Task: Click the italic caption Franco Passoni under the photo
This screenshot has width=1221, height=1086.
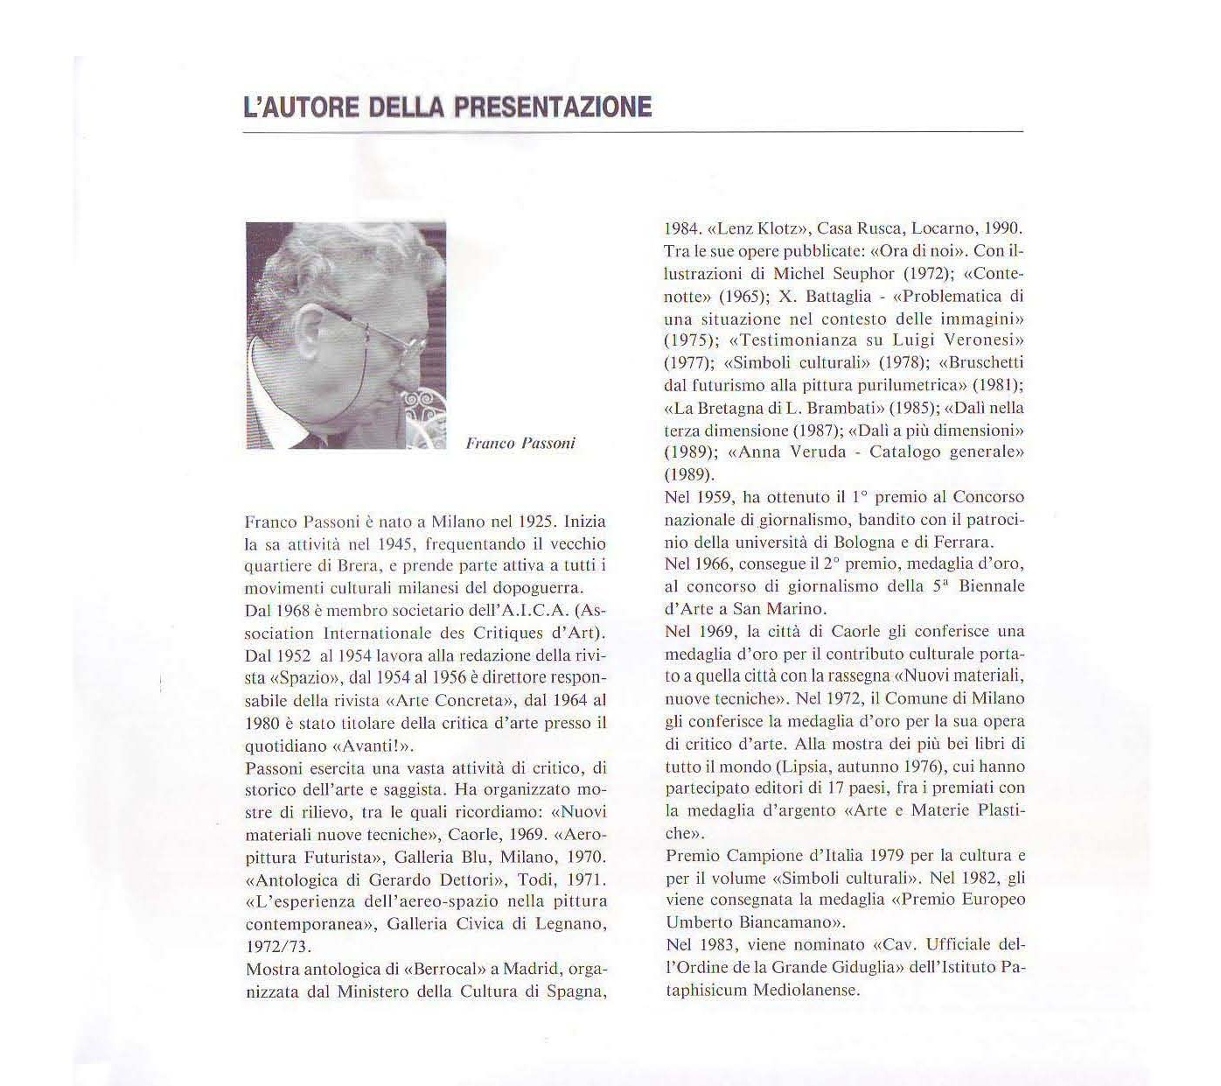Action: tap(520, 444)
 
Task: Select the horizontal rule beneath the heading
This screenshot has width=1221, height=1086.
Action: tap(632, 131)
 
